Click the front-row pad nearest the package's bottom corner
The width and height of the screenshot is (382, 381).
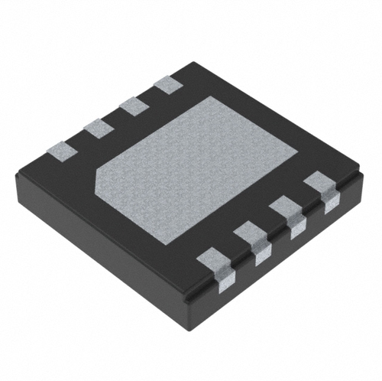(217, 263)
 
